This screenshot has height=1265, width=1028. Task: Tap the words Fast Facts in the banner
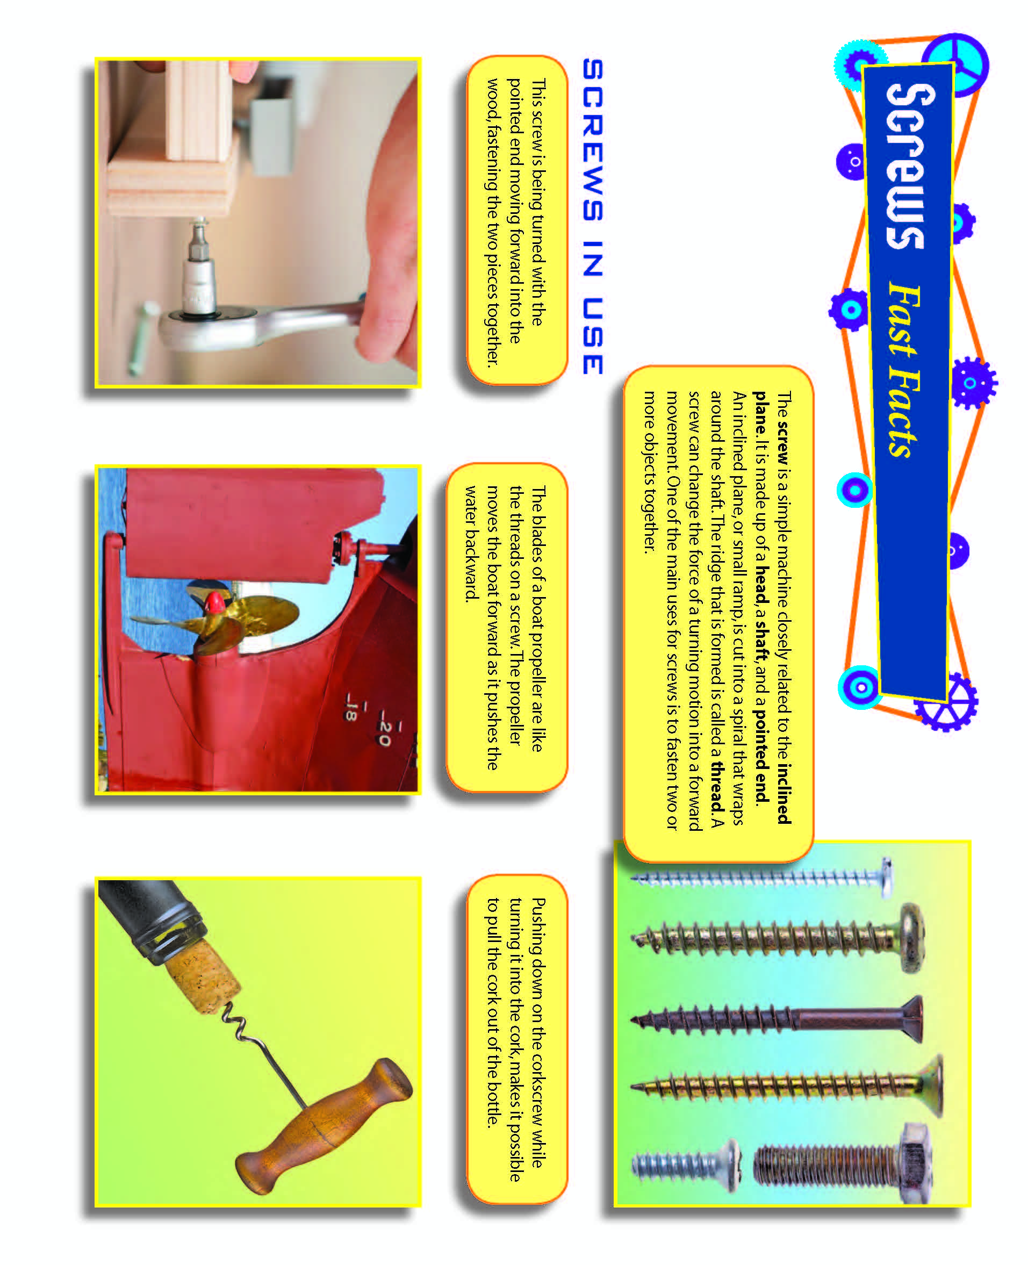[903, 370]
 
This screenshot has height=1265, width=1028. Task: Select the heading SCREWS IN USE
[592, 216]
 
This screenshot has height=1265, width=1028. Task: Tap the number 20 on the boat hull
[384, 732]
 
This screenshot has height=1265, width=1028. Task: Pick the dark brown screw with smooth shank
[782, 1019]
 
